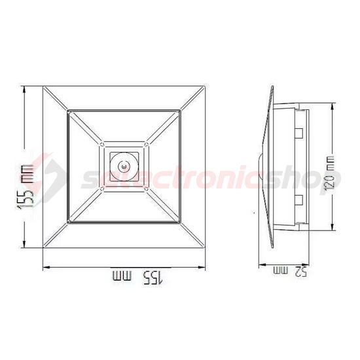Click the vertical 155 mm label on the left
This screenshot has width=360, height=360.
26,187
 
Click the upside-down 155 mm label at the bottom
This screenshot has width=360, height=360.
139,278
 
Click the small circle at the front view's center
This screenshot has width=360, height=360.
122,168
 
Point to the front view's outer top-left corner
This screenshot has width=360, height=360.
43,87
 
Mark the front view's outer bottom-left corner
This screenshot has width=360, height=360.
43,249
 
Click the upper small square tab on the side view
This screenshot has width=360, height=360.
298,134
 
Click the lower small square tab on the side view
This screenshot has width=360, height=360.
298,200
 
